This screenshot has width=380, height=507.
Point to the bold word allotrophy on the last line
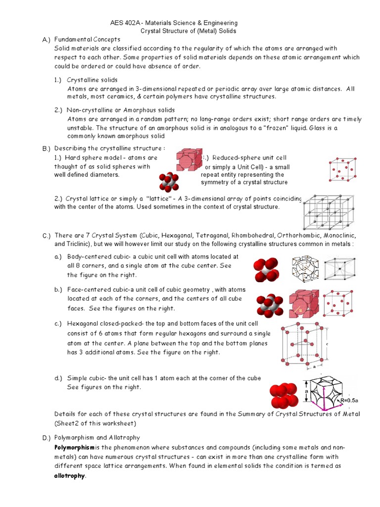pos(70,476)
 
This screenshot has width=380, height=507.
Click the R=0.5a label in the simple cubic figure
pos(350,400)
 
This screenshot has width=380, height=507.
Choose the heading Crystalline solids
pos(93,80)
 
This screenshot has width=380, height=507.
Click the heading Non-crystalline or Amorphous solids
pos(121,110)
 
